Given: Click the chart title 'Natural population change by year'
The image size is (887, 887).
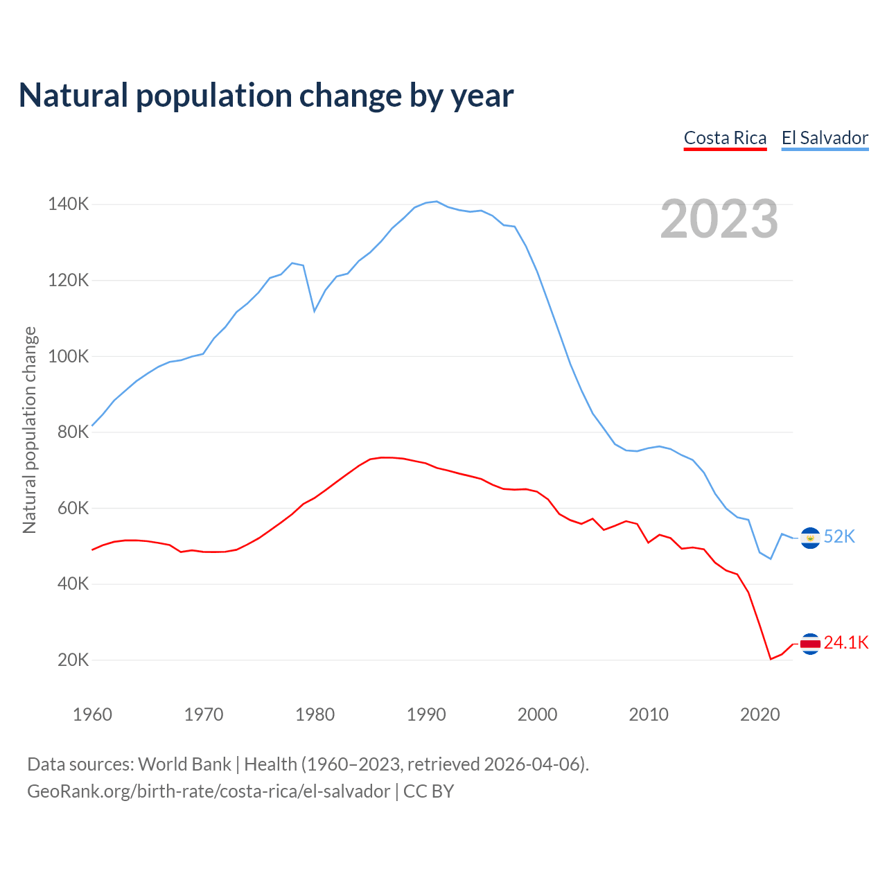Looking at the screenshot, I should (266, 96).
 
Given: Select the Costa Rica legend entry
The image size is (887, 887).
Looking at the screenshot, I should (725, 138).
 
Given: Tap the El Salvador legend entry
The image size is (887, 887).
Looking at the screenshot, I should (825, 138).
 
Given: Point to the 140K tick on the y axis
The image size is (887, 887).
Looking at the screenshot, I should (69, 204).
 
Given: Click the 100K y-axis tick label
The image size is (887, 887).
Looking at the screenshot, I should (69, 356).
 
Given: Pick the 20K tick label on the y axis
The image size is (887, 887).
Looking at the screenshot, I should (73, 660).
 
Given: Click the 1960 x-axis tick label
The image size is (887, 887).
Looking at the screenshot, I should (92, 714).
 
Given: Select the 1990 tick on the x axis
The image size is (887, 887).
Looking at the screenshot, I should (426, 714).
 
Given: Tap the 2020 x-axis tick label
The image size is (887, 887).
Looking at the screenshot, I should (760, 714).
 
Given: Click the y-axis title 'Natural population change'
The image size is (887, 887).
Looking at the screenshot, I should (29, 430).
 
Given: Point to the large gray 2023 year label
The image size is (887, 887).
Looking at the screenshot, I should (719, 220).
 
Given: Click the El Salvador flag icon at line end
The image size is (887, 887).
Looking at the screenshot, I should (810, 538).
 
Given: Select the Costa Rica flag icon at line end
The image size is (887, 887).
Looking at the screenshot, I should (810, 644).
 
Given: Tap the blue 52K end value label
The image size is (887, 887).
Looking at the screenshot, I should (840, 537).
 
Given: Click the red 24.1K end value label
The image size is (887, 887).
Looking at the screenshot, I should (846, 643).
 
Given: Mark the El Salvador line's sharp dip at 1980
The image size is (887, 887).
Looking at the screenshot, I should (315, 310).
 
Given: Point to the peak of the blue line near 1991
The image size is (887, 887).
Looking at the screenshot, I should (437, 202).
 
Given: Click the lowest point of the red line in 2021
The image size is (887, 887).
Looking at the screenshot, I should (771, 659).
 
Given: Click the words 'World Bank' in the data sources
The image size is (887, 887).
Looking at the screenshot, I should (184, 764).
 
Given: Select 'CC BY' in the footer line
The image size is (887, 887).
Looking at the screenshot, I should (428, 791).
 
